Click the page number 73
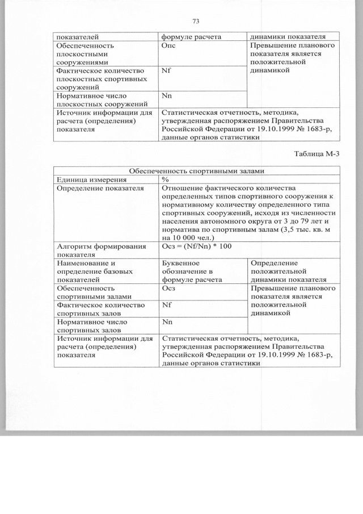(196, 21)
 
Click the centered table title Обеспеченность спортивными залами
(196, 171)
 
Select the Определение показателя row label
(95, 188)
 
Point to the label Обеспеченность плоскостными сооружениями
(85, 53)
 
